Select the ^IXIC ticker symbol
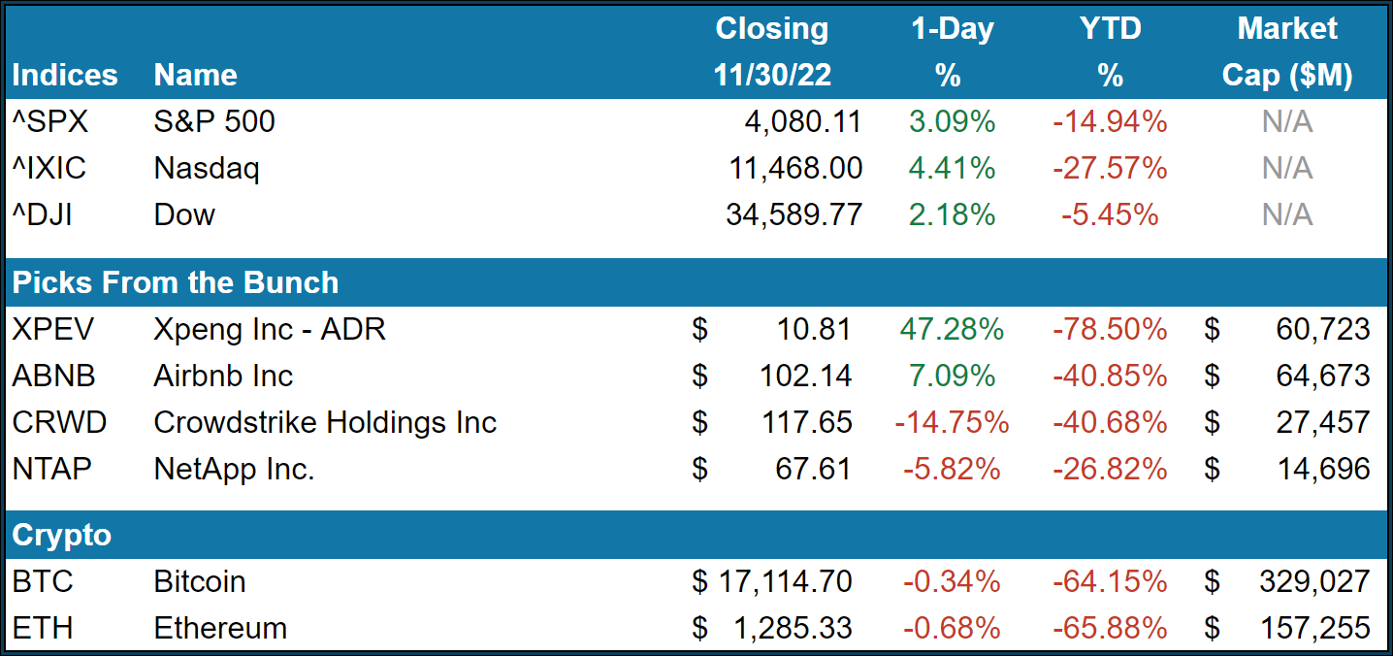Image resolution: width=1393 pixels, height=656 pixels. [49, 169]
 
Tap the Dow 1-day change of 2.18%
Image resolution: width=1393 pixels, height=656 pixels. [952, 214]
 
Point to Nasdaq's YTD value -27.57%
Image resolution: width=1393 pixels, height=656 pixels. [1109, 169]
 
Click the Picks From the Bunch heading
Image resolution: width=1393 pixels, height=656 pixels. [176, 282]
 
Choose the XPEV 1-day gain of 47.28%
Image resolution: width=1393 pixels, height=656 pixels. [951, 329]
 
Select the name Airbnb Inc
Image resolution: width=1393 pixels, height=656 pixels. [223, 376]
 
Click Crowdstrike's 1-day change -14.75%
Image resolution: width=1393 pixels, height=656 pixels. [951, 422]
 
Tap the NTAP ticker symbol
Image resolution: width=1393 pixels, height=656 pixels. [52, 469]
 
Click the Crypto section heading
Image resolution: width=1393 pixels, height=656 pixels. [62, 535]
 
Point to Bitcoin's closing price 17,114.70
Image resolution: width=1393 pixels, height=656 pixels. [785, 581]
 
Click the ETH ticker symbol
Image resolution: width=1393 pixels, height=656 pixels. [43, 628]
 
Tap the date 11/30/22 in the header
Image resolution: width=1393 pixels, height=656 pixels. [772, 75]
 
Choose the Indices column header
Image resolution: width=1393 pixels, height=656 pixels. [65, 75]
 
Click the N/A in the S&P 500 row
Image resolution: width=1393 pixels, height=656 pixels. [1286, 121]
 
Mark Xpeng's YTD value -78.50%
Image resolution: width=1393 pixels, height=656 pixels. [1109, 329]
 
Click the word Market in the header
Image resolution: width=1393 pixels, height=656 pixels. [1287, 28]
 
